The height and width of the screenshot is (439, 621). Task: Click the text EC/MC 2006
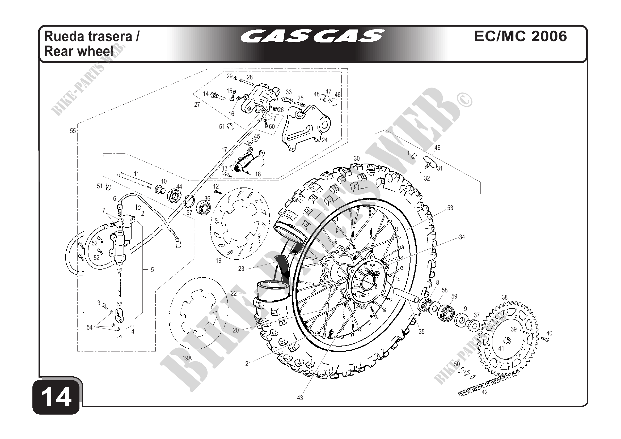pos(520,36)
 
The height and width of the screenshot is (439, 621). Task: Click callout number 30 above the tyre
pos(357,159)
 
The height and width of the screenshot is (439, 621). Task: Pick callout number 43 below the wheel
pos(300,398)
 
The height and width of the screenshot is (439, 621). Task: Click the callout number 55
pos(73,131)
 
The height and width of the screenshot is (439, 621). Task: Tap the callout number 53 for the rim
pos(450,208)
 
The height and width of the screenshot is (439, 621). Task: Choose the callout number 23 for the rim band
pos(241,269)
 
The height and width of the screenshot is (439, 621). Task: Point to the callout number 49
pos(437,148)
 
